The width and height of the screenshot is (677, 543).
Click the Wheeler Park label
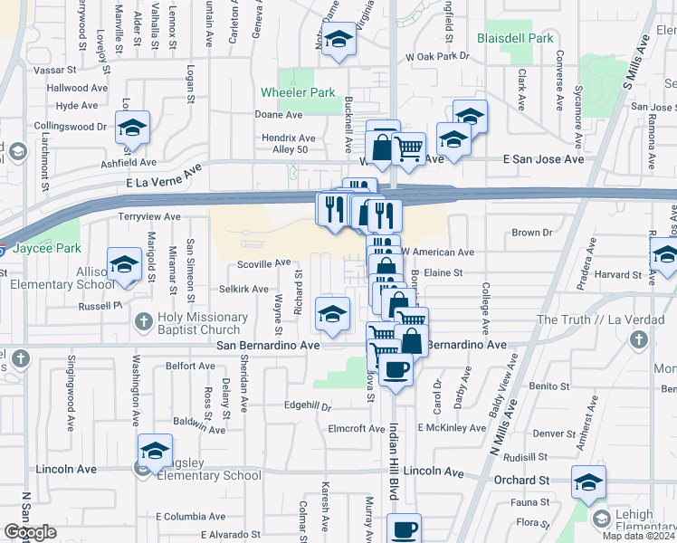tap(297, 93)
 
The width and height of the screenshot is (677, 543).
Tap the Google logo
tap(30, 532)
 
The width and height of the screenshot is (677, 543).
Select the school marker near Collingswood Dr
tap(133, 129)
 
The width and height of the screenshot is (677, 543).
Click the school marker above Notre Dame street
tap(339, 41)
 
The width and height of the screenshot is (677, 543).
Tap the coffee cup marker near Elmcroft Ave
tap(396, 369)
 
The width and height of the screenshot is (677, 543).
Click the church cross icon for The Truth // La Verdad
tap(639, 340)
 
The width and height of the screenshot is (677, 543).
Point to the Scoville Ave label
tap(264, 262)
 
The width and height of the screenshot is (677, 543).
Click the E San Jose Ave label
tap(543, 158)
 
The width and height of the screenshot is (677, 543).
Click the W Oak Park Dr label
tap(439, 56)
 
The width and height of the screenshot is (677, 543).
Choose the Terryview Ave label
tap(150, 217)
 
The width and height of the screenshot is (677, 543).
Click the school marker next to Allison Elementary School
tap(124, 265)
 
